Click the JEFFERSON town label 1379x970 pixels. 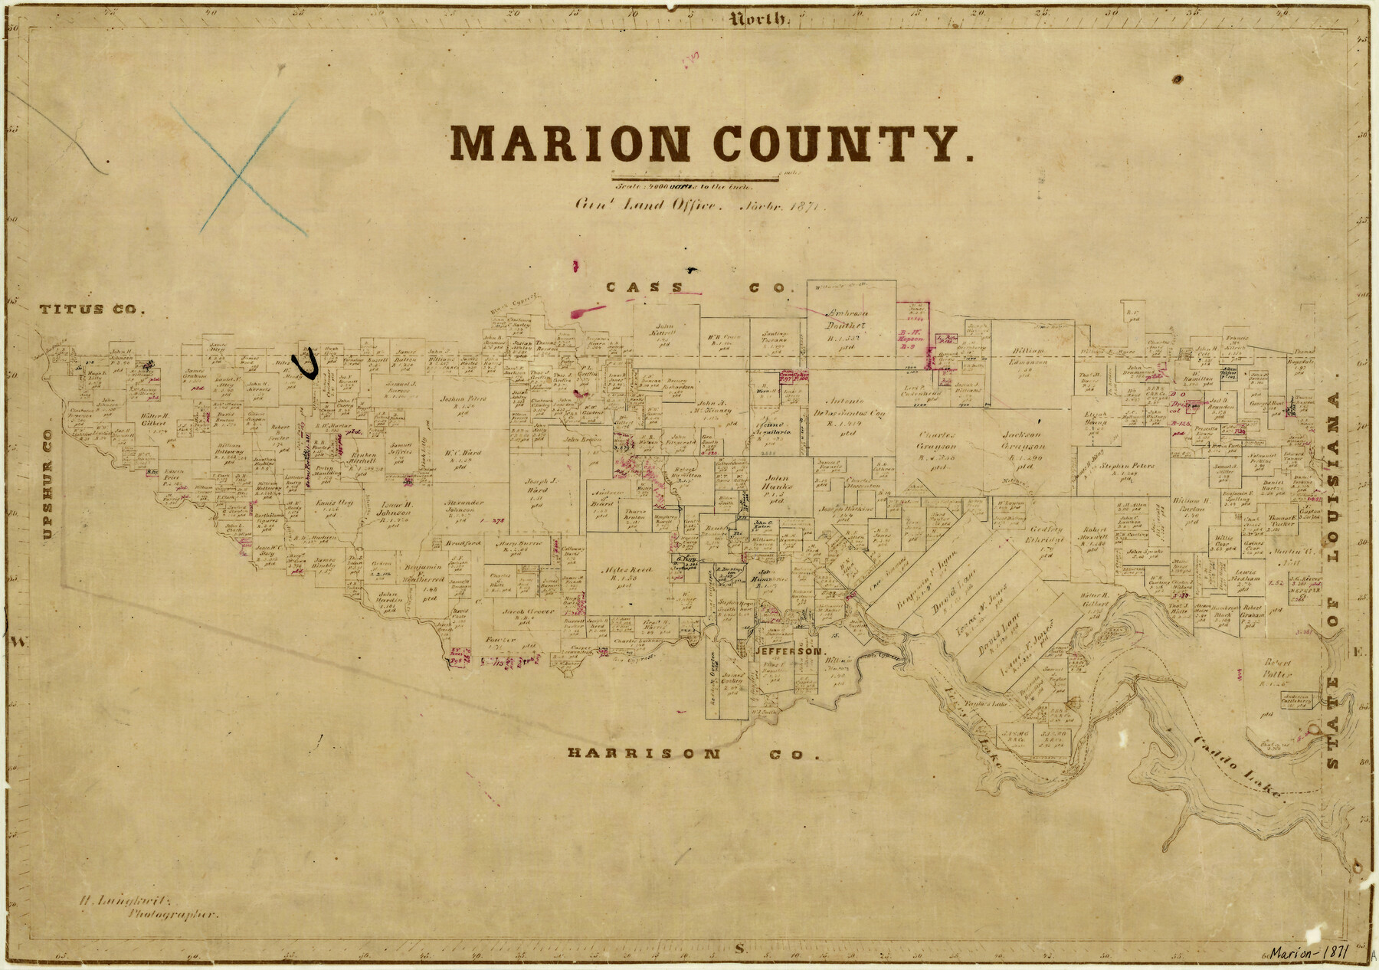pos(789,650)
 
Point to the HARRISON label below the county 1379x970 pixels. pos(644,753)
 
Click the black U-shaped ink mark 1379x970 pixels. pos(308,365)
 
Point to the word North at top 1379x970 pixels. pos(758,20)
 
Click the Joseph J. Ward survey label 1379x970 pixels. pos(541,487)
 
